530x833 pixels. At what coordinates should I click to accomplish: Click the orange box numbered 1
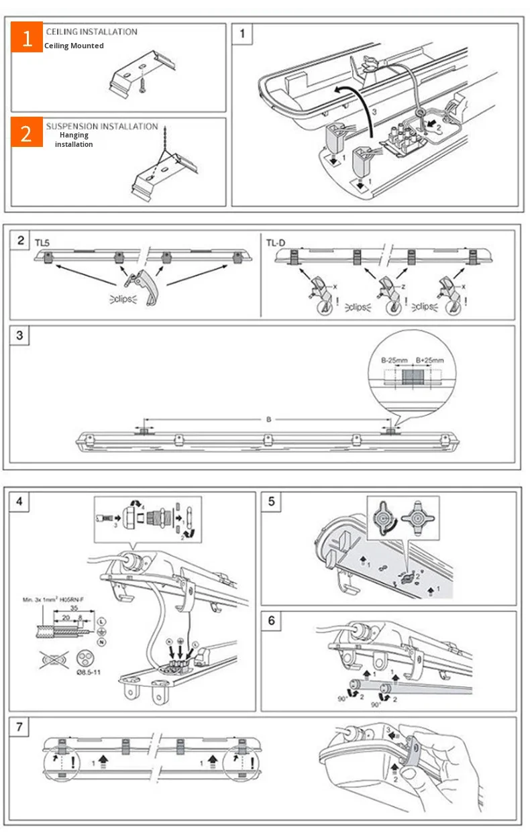click(27, 38)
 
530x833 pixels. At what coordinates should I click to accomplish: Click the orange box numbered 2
click(27, 133)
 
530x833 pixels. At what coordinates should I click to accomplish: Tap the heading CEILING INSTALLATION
click(91, 32)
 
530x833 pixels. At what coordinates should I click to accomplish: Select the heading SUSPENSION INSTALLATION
click(102, 126)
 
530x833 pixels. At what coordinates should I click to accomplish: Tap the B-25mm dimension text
click(395, 359)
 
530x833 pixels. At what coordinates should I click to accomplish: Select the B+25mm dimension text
click(427, 359)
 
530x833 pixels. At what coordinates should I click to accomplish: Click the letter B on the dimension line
click(268, 419)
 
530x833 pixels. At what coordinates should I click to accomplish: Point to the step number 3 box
click(20, 335)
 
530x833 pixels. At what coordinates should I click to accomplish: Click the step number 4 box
click(20, 501)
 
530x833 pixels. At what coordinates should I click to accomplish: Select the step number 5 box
click(271, 501)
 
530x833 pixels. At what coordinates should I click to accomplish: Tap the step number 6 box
click(271, 620)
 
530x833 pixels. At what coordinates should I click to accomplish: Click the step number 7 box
click(20, 727)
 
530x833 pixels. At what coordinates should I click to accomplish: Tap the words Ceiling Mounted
click(74, 46)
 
